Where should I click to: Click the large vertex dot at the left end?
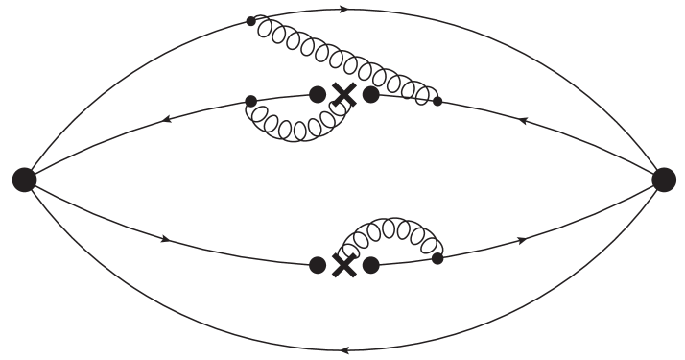pyautogui.click(x=24, y=179)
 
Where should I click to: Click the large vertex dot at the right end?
pyautogui.click(x=663, y=179)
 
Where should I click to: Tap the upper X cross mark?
pyautogui.click(x=343, y=94)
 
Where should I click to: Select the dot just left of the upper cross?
pyautogui.click(x=318, y=93)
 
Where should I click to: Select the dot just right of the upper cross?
pyautogui.click(x=370, y=94)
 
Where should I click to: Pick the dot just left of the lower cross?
pyautogui.click(x=318, y=265)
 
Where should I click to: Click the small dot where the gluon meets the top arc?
pyautogui.click(x=251, y=20)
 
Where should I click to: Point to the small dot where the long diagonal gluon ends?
pyautogui.click(x=437, y=100)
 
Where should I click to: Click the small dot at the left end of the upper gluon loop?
pyautogui.click(x=251, y=100)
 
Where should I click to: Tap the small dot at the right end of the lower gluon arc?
pyautogui.click(x=437, y=258)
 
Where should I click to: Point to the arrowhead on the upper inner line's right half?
pyautogui.click(x=523, y=121)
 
